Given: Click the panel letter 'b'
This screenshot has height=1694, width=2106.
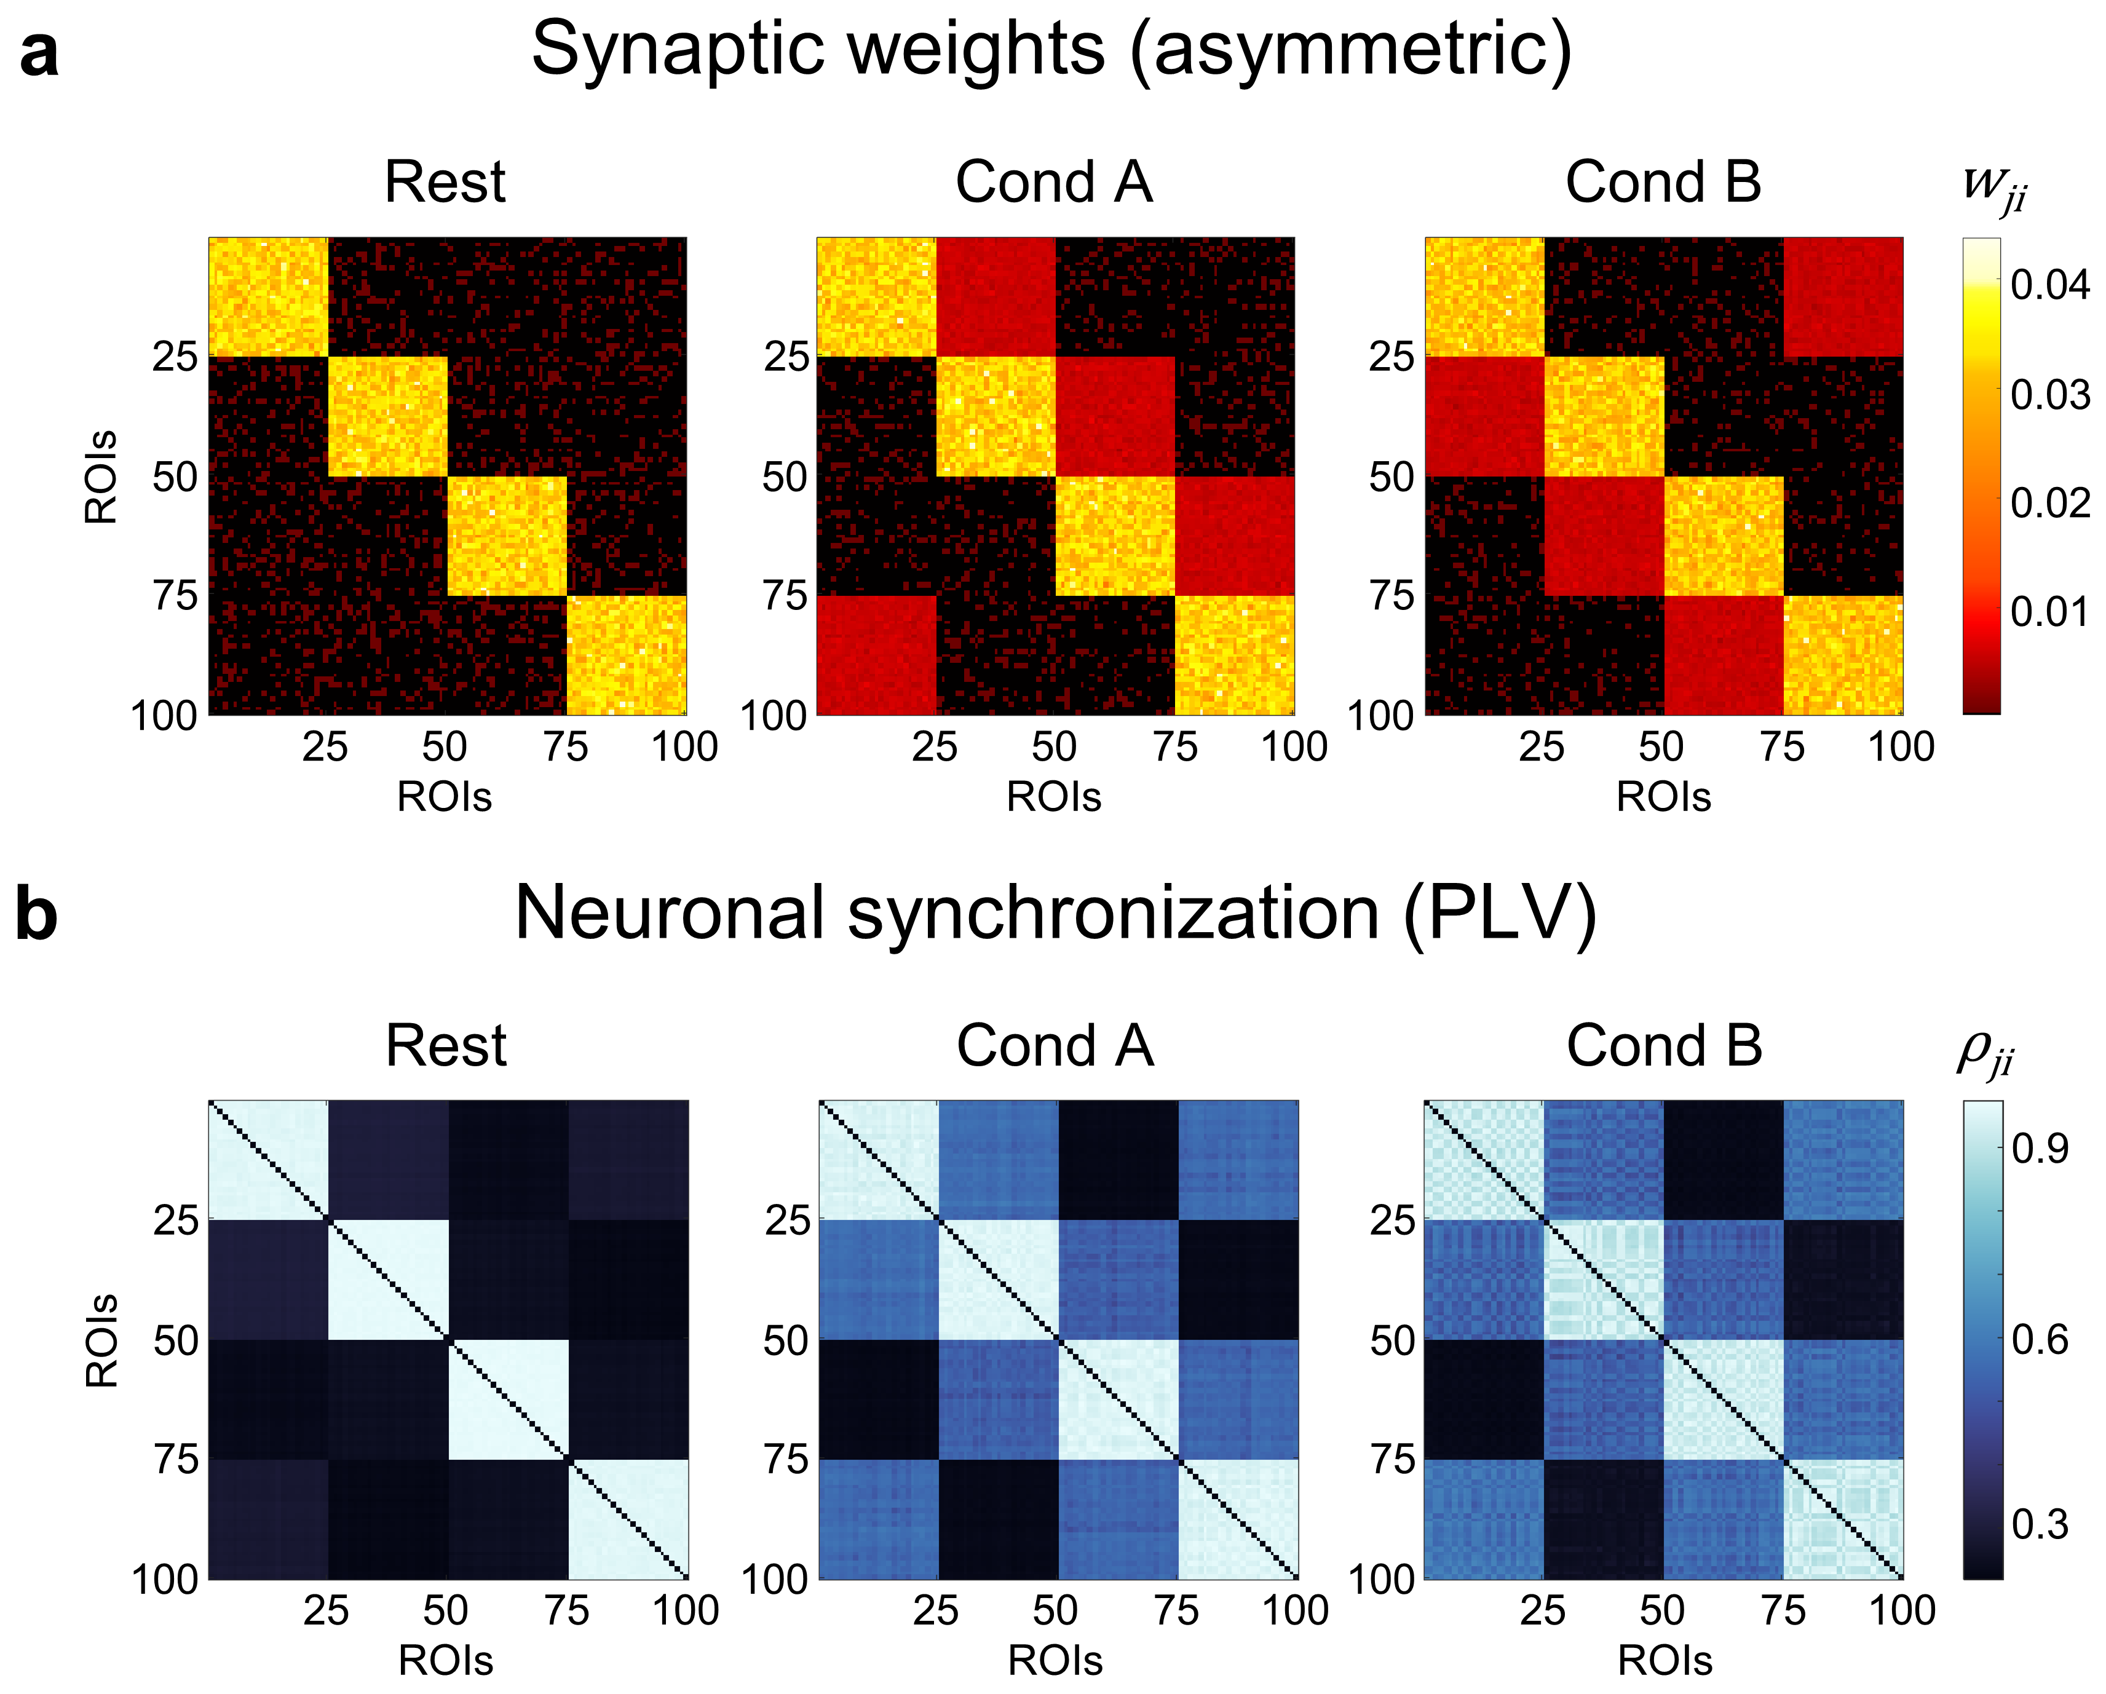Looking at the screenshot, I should [37, 916].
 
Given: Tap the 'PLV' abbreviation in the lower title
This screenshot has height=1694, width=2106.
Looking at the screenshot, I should [1499, 914].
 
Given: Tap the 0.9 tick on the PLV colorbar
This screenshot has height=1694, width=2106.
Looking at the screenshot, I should [2040, 1149].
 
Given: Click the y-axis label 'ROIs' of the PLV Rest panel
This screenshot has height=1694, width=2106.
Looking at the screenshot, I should [101, 1340].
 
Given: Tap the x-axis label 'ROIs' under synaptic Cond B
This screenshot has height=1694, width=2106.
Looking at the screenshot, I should [1663, 797].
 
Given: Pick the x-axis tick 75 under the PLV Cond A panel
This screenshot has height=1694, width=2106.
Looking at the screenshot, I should [1176, 1611].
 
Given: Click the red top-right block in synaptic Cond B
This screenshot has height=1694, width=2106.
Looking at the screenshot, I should [1843, 297].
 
